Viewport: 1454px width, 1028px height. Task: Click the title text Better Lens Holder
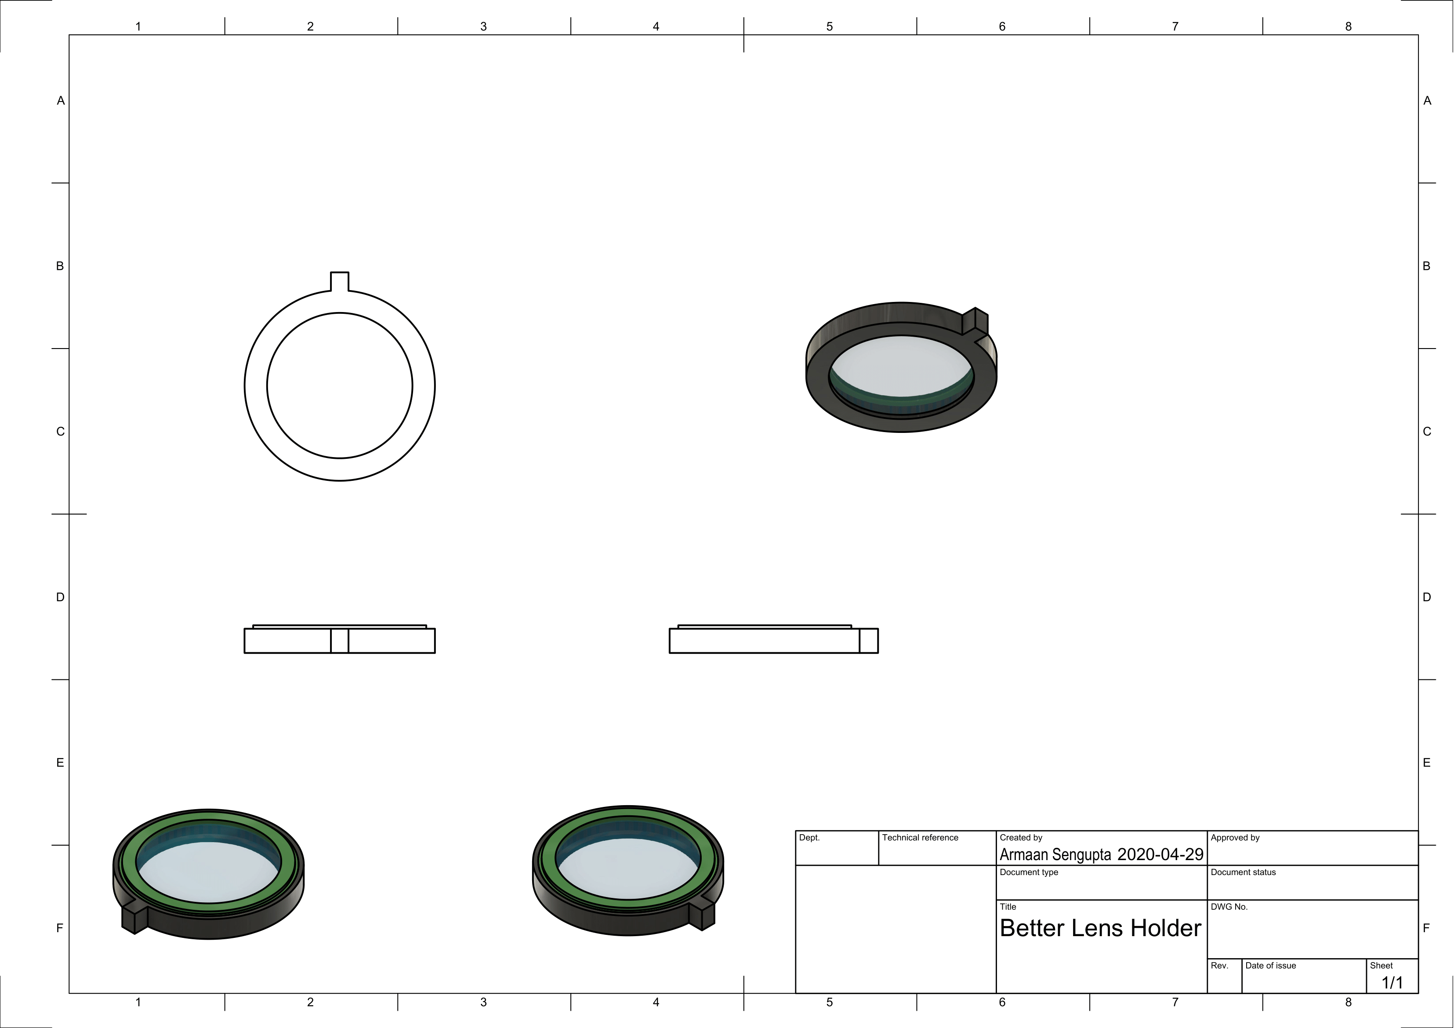pyautogui.click(x=1100, y=929)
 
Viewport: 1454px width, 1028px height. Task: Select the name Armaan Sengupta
pyautogui.click(x=1055, y=855)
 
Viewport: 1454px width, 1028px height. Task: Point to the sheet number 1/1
pyautogui.click(x=1392, y=983)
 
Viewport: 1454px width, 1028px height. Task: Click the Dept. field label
pyautogui.click(x=809, y=838)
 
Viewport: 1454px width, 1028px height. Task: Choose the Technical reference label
pyautogui.click(x=920, y=838)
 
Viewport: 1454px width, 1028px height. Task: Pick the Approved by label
pyautogui.click(x=1235, y=838)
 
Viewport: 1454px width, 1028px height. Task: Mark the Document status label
pyautogui.click(x=1243, y=873)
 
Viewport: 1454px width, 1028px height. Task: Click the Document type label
pyautogui.click(x=1029, y=873)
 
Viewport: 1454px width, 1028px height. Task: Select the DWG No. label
pyautogui.click(x=1229, y=907)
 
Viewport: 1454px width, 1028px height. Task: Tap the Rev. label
pyautogui.click(x=1220, y=966)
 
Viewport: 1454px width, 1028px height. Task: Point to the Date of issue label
pyautogui.click(x=1270, y=966)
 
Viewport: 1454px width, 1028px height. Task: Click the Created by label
pyautogui.click(x=1021, y=838)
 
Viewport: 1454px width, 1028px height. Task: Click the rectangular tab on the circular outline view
pyautogui.click(x=339, y=281)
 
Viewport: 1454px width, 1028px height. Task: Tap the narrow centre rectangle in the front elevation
pyautogui.click(x=339, y=640)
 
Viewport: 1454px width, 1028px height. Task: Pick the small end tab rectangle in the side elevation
pyautogui.click(x=869, y=640)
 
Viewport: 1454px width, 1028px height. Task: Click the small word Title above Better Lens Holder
pyautogui.click(x=1008, y=907)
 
